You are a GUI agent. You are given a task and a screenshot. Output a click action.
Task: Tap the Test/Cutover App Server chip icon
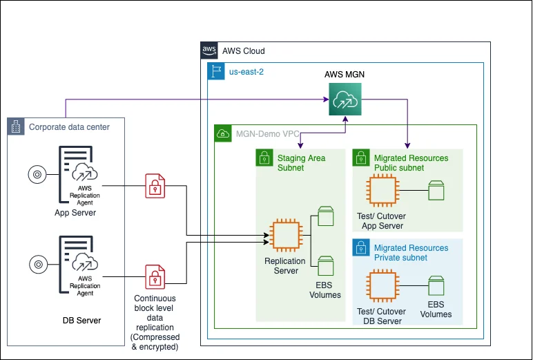[x=384, y=190]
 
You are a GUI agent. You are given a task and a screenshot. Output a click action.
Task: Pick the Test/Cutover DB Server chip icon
[x=384, y=287]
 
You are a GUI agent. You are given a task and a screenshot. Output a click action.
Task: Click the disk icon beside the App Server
[x=37, y=174]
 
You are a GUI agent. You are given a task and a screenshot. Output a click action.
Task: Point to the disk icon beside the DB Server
[x=37, y=264]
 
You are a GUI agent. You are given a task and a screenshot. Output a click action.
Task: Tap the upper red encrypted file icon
[x=155, y=186]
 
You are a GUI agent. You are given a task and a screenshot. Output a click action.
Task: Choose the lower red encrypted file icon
[x=155, y=277]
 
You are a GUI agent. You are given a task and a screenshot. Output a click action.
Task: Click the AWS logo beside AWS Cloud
[x=209, y=50]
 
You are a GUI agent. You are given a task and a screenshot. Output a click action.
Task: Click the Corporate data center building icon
[x=16, y=126]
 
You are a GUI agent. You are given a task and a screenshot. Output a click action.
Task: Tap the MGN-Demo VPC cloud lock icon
[x=223, y=133]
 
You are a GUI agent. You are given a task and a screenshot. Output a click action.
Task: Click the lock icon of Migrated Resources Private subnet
[x=361, y=248]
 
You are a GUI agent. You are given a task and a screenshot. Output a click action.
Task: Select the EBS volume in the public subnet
[x=436, y=190]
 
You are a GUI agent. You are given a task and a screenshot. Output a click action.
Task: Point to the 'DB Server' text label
[x=81, y=321]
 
